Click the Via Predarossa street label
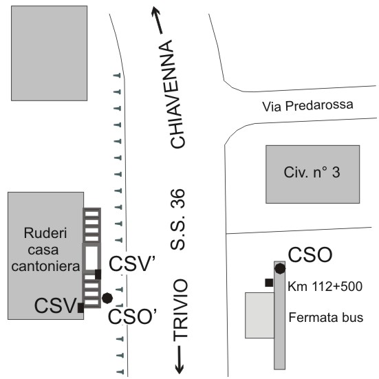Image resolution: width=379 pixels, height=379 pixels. coord(307,106)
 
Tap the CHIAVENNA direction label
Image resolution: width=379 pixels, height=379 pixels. coord(177,94)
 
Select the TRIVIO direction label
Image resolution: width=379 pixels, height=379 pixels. coord(180,310)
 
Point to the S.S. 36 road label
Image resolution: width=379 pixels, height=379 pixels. coord(177,219)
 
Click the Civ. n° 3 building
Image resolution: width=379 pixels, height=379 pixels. coord(312,174)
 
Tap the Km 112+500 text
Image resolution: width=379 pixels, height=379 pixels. coord(325,286)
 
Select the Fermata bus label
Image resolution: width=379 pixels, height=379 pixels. coord(326,317)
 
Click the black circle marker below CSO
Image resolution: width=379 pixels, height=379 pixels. coord(280,268)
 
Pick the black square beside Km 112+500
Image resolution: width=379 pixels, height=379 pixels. coord(269,283)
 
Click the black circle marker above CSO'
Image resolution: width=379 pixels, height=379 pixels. coord(107,298)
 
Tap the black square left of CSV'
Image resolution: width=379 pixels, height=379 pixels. coord(98,274)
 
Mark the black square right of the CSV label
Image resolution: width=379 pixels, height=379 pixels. coord(80,307)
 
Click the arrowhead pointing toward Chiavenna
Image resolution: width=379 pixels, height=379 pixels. coord(156,12)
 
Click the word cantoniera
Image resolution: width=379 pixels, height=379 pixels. coord(45,266)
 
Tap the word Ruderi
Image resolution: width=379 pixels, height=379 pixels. coord(45,233)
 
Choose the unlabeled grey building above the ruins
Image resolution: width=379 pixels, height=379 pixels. coord(50,53)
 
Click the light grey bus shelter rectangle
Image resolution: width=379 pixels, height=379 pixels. coord(259,315)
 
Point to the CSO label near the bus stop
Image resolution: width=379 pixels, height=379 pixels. coord(310,255)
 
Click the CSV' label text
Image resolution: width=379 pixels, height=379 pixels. coord(132,264)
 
